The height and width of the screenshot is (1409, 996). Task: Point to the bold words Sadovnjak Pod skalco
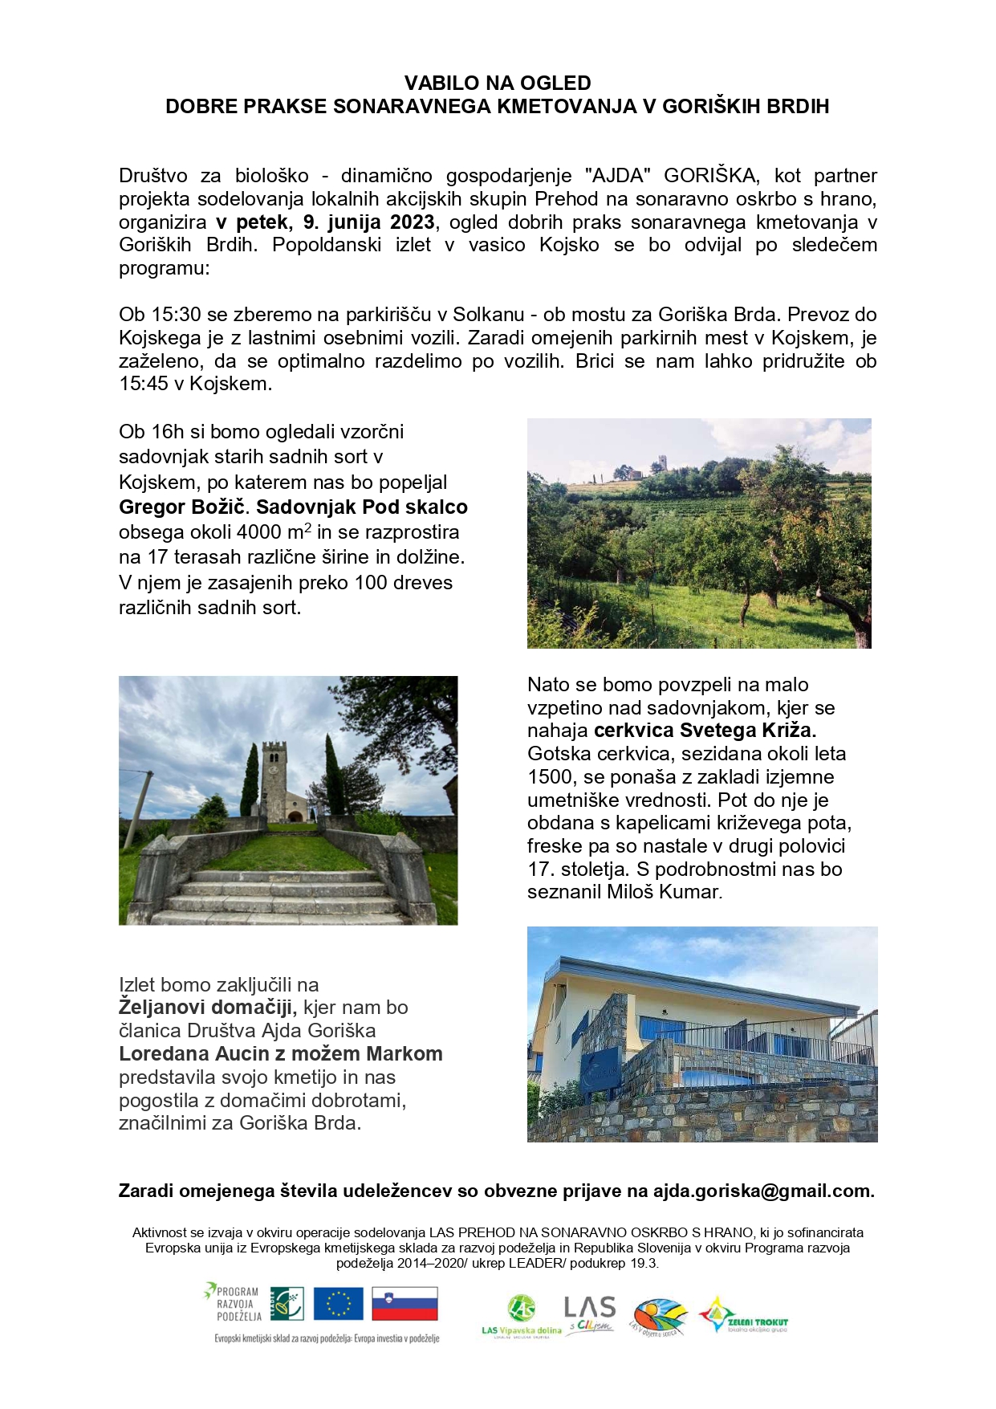362,507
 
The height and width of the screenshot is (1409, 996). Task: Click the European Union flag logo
338,1304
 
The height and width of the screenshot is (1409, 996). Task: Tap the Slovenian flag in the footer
404,1304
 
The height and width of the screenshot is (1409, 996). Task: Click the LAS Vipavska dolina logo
521,1313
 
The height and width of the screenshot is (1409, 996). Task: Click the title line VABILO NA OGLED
498,83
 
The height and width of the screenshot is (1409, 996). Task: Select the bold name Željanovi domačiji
208,1008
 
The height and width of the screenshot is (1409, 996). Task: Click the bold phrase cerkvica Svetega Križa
705,731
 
